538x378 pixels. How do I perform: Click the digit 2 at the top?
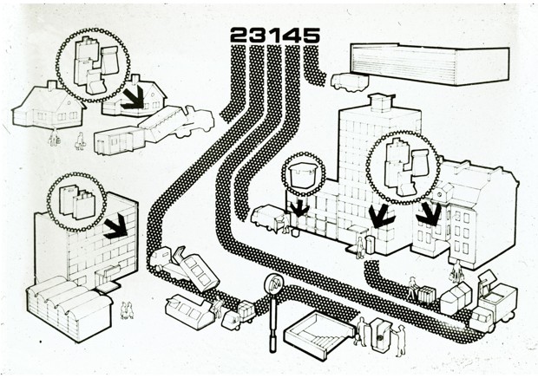click(239, 35)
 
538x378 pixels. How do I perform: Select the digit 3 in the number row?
click(258, 35)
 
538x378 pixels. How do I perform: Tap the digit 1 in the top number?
click(273, 35)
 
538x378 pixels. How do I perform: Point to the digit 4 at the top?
click(291, 35)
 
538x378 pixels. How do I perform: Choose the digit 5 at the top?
click(312, 35)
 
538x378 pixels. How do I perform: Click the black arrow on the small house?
click(134, 97)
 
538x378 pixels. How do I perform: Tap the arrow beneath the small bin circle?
click(299, 208)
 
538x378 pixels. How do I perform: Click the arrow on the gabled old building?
click(429, 214)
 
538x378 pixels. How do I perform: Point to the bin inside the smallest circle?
click(302, 176)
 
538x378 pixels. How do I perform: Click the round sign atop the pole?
click(273, 284)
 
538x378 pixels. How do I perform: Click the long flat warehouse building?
click(430, 64)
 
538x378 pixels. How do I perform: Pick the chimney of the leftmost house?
click(52, 85)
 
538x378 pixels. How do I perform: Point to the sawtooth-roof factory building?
click(69, 308)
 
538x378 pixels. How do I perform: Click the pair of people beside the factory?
click(127, 310)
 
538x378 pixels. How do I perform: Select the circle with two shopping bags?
click(76, 202)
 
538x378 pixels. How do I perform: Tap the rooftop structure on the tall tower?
click(380, 102)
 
